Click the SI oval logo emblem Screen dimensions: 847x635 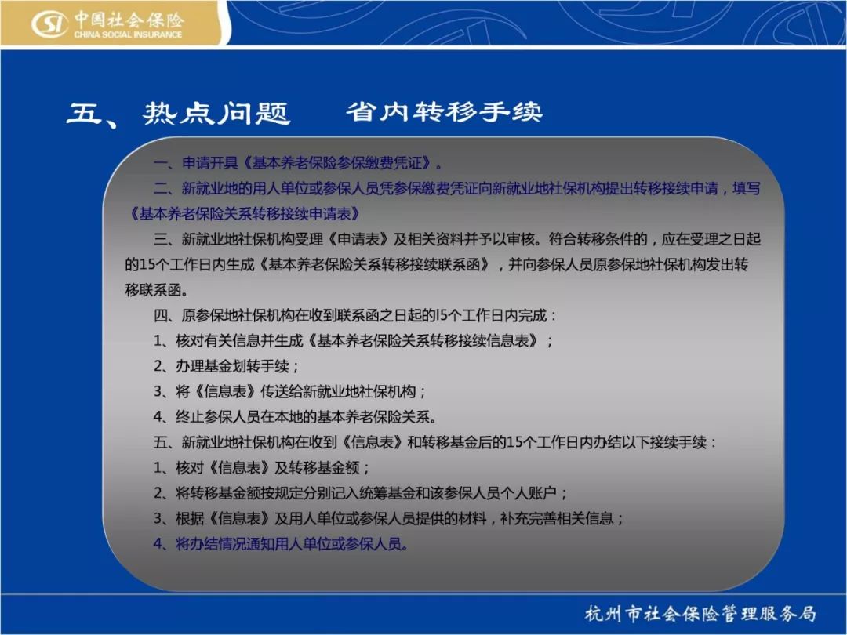click(49, 25)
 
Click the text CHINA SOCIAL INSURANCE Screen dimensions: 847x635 click(128, 34)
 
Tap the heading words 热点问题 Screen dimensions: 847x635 click(216, 114)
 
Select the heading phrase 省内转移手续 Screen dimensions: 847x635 click(444, 112)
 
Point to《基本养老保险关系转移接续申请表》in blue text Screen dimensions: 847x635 click(244, 214)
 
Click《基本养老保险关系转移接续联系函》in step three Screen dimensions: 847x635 click(375, 265)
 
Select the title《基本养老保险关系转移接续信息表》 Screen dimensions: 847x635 click(423, 341)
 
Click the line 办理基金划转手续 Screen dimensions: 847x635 click(226, 366)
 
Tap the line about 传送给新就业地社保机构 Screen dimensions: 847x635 click(290, 391)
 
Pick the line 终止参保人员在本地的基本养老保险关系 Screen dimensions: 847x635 click(295, 417)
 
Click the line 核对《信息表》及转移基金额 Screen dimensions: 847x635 click(261, 467)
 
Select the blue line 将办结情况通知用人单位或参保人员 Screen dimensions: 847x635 click(281, 544)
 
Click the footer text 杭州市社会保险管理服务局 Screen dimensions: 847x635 click(700, 613)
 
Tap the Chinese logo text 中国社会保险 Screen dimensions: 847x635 click(129, 20)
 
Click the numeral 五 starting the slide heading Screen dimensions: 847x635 click(85, 114)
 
